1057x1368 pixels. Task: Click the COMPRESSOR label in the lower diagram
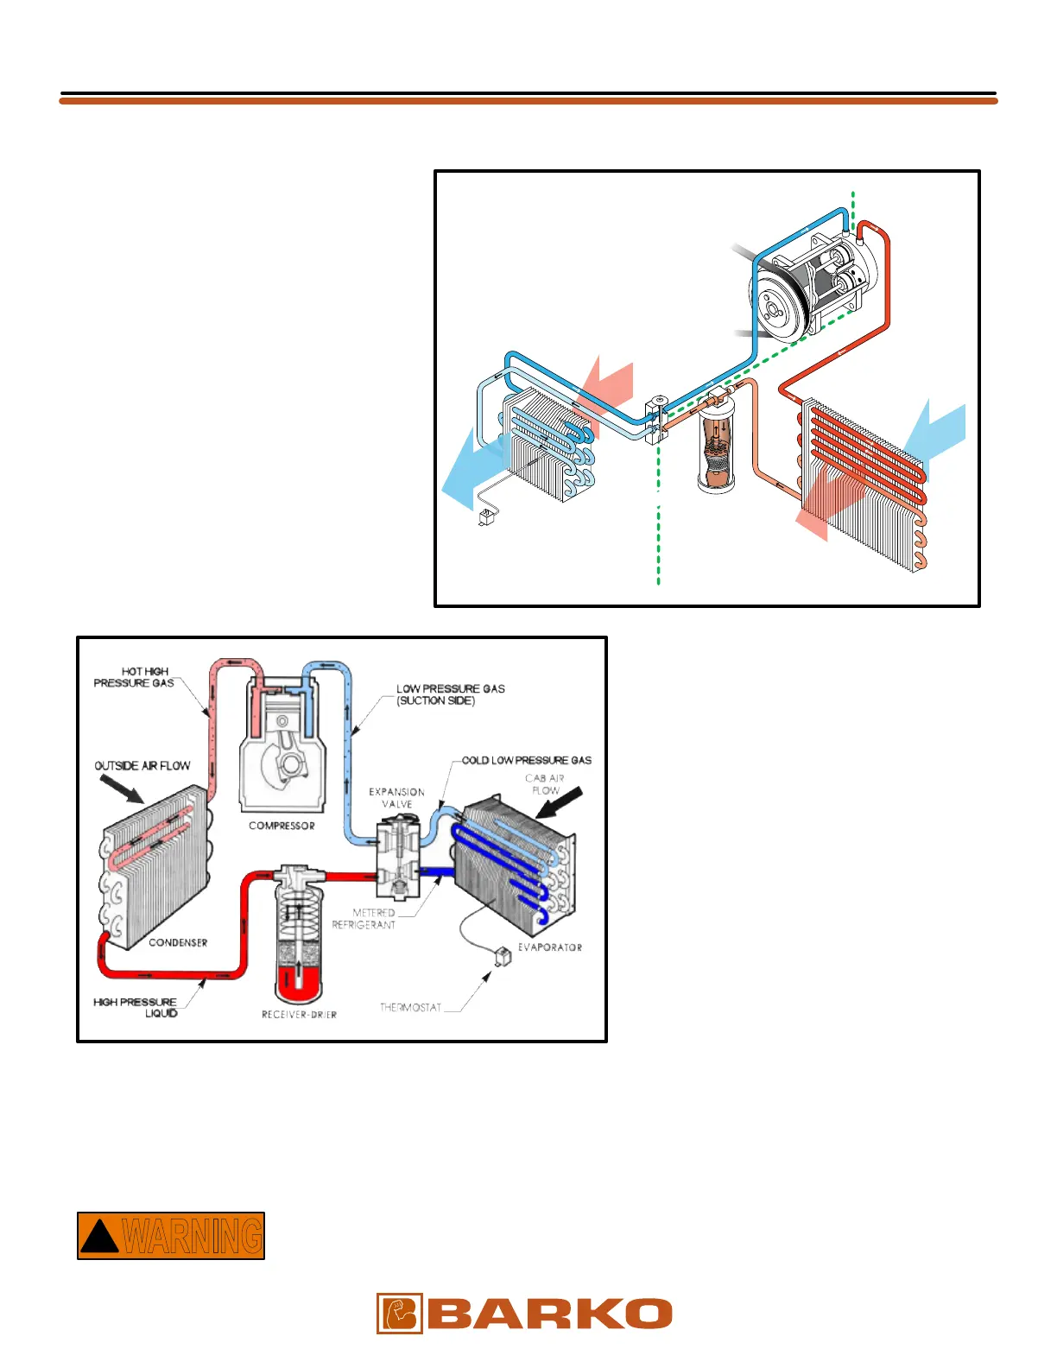[x=282, y=826]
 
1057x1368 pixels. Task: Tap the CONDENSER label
[x=178, y=942]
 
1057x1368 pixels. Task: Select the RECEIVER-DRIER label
[x=299, y=1014]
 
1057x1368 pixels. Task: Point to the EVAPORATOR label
[x=549, y=947]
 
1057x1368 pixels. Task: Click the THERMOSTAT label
[x=410, y=1007]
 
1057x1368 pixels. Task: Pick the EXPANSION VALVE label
[x=396, y=797]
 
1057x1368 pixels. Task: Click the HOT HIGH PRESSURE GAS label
[x=135, y=677]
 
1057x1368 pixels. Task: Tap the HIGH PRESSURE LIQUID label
[x=136, y=1007]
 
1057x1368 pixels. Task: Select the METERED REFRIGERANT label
[x=364, y=918]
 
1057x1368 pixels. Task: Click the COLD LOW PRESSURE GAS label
[x=526, y=760]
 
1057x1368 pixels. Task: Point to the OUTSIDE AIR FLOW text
[x=142, y=765]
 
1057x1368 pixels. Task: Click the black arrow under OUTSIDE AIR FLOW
[x=122, y=788]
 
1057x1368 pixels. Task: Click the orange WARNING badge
[x=171, y=1236]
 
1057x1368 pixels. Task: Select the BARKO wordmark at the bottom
[x=549, y=1314]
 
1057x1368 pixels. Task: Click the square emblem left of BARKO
[x=399, y=1314]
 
